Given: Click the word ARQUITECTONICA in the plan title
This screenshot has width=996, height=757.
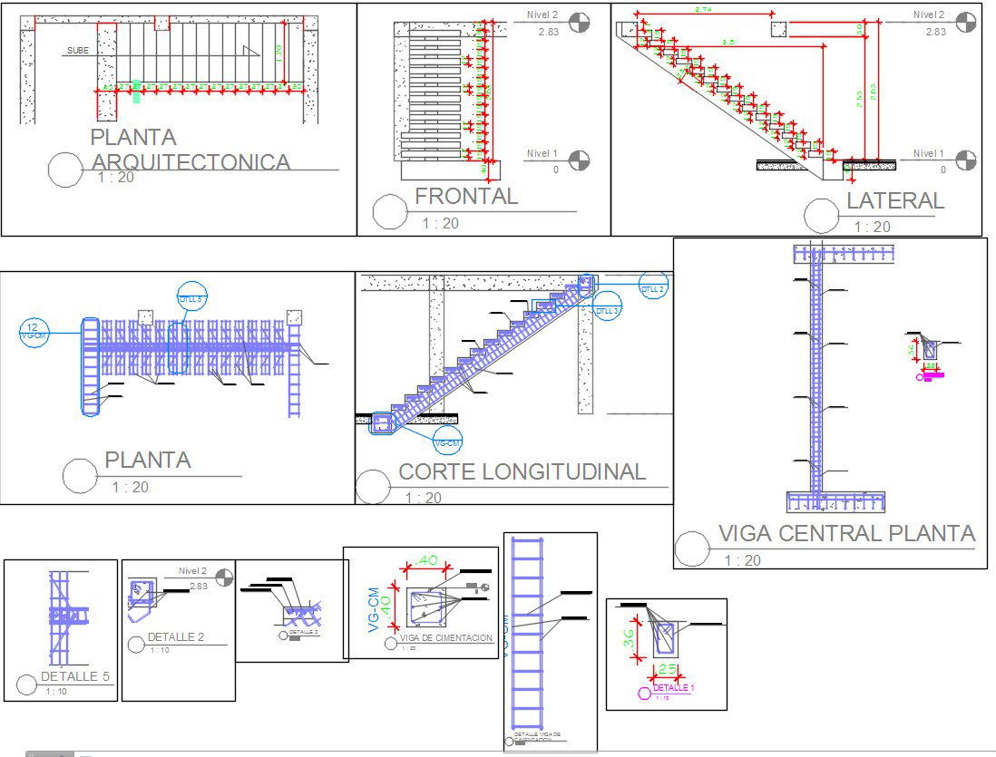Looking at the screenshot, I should (190, 162).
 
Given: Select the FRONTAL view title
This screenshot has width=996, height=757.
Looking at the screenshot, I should (466, 196).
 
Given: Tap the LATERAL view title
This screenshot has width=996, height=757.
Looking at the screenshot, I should (895, 200).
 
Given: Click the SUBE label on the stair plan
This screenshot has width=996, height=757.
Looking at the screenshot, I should (78, 51).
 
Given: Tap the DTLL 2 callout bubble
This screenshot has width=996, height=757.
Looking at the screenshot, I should (652, 287).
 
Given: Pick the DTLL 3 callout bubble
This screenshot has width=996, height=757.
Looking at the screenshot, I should (608, 309).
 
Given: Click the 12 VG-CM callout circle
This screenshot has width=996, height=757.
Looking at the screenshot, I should (33, 332).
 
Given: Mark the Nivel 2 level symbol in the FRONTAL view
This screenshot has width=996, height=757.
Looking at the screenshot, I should (578, 22).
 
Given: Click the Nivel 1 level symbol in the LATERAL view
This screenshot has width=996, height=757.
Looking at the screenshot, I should (965, 160).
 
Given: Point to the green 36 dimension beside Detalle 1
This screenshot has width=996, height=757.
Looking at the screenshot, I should (629, 638).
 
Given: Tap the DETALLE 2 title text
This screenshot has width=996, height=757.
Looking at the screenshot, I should (175, 637).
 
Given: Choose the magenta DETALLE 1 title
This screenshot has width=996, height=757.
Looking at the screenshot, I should (673, 688).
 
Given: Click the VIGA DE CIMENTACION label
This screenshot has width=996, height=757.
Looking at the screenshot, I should (445, 638).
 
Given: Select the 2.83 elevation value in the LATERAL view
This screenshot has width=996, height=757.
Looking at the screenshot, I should (936, 32).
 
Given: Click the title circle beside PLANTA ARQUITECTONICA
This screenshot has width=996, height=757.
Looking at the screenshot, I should (65, 170).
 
